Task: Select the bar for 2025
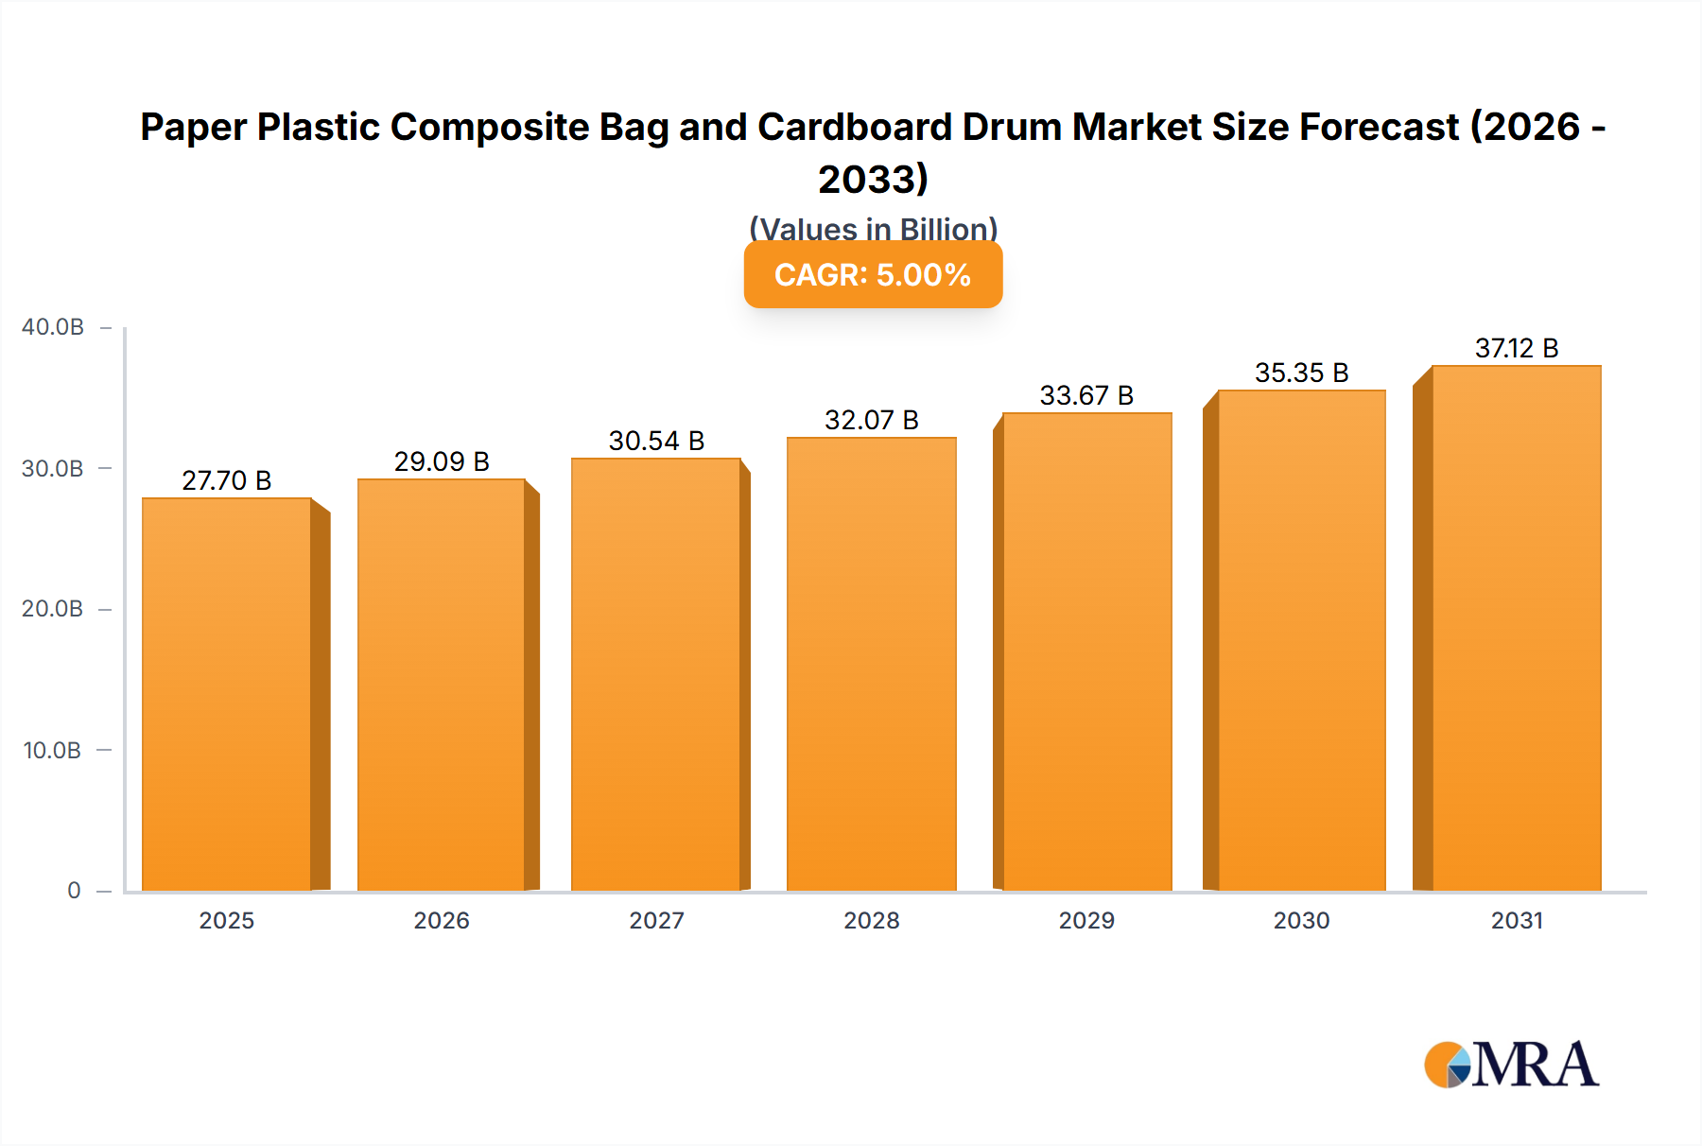click(x=227, y=695)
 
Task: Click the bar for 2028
click(x=872, y=664)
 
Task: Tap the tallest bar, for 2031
click(x=1517, y=628)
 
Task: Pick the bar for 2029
click(x=1087, y=651)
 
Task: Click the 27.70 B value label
click(x=227, y=480)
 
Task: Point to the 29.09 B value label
click(x=442, y=461)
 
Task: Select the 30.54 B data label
click(x=656, y=441)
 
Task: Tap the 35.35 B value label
click(x=1301, y=373)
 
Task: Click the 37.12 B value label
click(x=1517, y=348)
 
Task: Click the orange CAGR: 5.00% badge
click(x=873, y=275)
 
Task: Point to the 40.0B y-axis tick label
click(x=53, y=327)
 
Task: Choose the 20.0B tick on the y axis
click(x=53, y=609)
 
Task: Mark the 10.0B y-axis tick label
click(x=53, y=751)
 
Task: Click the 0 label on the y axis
click(x=74, y=891)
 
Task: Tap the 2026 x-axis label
click(x=442, y=920)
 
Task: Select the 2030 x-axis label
click(x=1301, y=920)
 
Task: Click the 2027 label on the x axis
click(x=656, y=920)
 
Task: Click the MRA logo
click(x=1511, y=1065)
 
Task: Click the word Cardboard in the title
click(x=855, y=127)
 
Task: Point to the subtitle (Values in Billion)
click(x=873, y=229)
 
